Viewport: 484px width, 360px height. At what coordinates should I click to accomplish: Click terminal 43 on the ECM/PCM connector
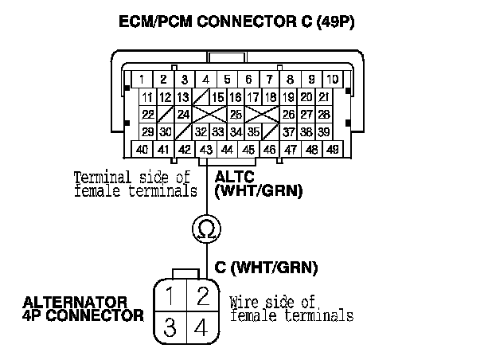tap(206, 149)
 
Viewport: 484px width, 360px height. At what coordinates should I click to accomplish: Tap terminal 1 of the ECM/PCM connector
tap(141, 80)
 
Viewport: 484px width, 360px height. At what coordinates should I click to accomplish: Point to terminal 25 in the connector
tap(236, 115)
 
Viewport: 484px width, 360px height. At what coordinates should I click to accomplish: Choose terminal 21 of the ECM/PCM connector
tap(324, 97)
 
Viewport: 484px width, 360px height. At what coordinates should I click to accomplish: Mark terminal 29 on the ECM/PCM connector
tap(148, 132)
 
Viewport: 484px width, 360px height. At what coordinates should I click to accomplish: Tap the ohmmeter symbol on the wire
tap(204, 229)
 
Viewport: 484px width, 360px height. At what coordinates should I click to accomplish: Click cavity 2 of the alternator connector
tap(203, 298)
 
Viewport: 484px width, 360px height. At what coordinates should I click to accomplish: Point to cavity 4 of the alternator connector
tap(203, 327)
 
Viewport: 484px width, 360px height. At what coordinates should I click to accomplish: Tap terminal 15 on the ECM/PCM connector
tap(217, 97)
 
